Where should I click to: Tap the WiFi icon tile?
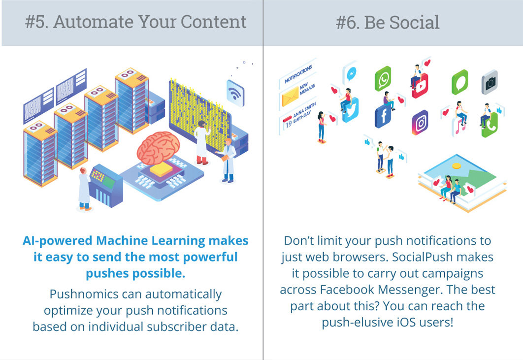pos(235,93)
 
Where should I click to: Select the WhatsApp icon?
pos(383,79)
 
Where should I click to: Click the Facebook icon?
pos(383,116)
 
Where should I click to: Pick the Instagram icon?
pos(420,123)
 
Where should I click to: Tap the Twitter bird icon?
pos(351,110)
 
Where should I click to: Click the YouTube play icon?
pos(420,86)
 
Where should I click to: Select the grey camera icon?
pos(490,82)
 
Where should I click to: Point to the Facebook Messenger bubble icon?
pos(350,73)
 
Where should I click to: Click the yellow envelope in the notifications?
pos(290,97)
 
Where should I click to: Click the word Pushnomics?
pos(84,294)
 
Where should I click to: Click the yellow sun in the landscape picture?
pos(457,166)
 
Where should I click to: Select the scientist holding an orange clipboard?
pos(228,161)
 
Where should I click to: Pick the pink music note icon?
pos(460,127)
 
